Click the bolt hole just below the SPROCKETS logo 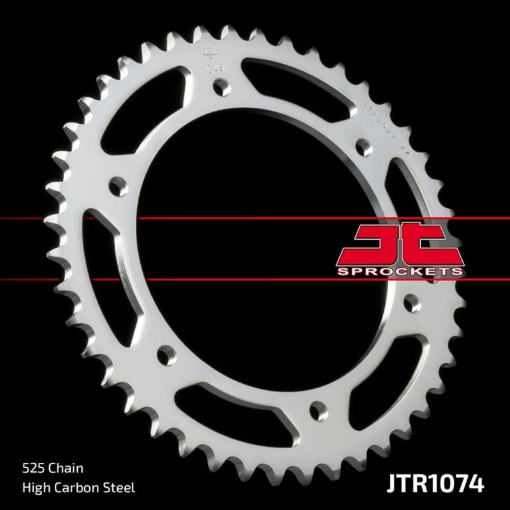tap(409, 298)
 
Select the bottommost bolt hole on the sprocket tap(314, 410)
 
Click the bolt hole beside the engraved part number tap(365, 147)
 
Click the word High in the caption tap(36, 488)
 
